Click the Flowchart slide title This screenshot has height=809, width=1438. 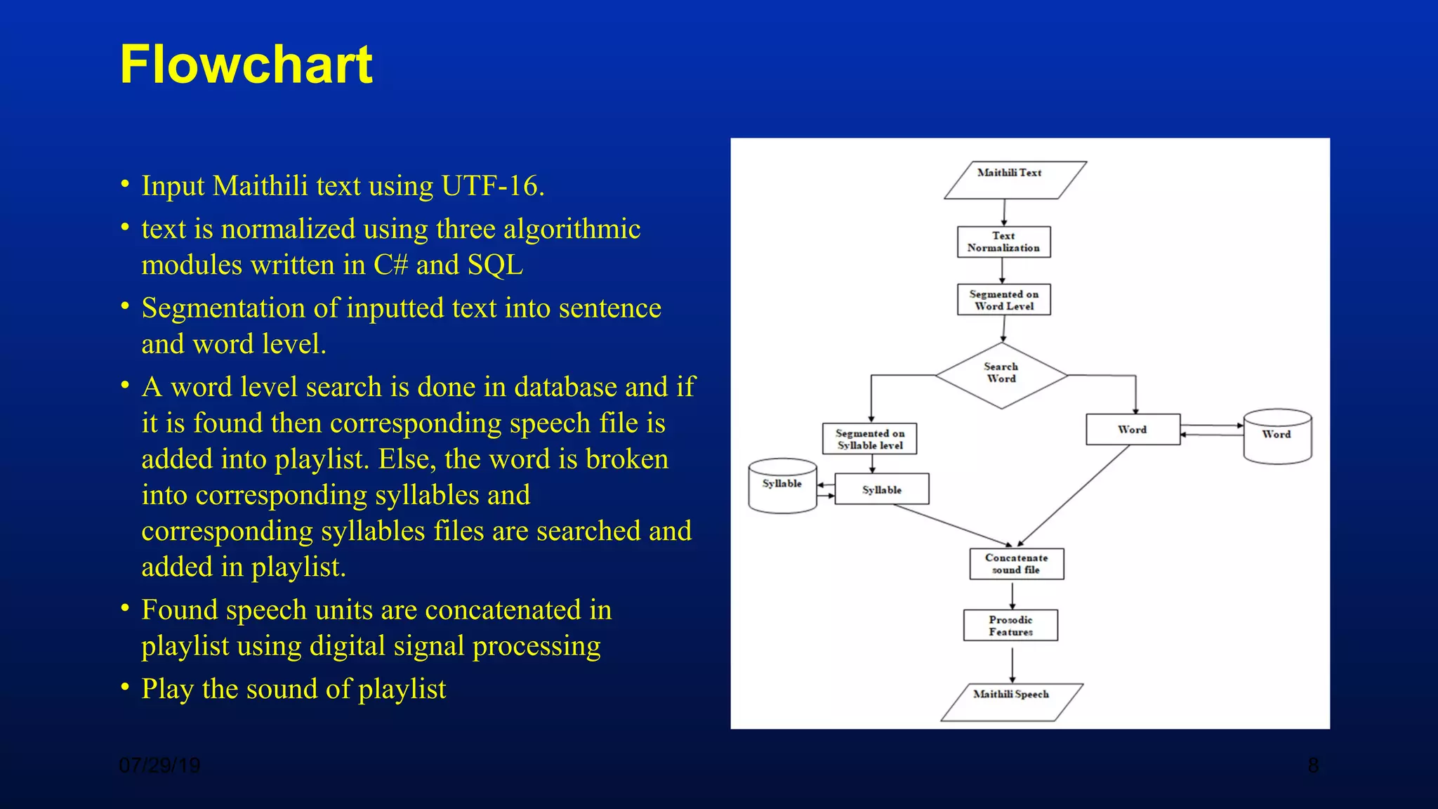[x=246, y=65]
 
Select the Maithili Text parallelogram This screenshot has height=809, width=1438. [x=1015, y=180]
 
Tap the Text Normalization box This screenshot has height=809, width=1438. [x=1003, y=242]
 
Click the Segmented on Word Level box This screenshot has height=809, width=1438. [x=1003, y=300]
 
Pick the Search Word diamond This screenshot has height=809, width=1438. [x=1001, y=375]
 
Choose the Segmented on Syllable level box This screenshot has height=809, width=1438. [x=869, y=439]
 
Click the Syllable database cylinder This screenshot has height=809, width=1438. [x=782, y=486]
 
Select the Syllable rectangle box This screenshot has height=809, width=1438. [x=881, y=489]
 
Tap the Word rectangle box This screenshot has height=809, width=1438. [x=1132, y=430]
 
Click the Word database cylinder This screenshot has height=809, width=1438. [x=1277, y=437]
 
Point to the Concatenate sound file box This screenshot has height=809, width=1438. [x=1016, y=564]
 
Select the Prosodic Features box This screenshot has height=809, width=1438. [x=1010, y=625]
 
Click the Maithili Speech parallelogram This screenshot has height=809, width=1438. [x=1011, y=702]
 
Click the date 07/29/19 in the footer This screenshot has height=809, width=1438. [x=159, y=765]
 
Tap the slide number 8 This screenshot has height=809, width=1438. [x=1312, y=765]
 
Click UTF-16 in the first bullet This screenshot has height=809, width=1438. [x=492, y=186]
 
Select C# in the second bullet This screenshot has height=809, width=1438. [x=390, y=265]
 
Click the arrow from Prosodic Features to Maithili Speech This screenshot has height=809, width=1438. [x=1012, y=664]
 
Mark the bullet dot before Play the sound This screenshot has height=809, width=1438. [x=125, y=686]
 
